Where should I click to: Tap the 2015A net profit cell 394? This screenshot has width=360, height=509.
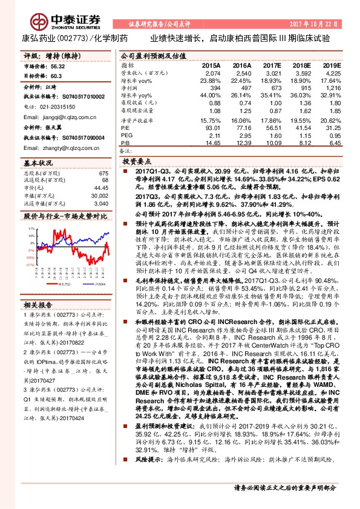click(212, 88)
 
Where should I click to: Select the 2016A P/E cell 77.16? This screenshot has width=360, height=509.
click(242, 128)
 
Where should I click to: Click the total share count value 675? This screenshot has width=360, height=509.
click(103, 173)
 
